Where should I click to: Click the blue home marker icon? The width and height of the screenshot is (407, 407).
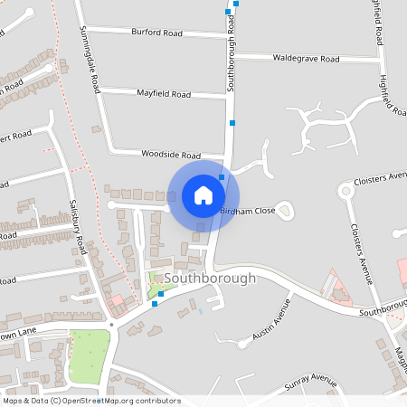point(203,194)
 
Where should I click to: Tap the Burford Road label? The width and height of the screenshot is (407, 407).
point(156,33)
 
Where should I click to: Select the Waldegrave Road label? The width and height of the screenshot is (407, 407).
point(306,58)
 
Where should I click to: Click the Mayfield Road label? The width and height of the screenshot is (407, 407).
point(163,94)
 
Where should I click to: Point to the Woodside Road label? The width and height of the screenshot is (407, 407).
point(170,155)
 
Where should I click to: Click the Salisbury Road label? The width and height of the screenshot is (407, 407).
point(79,225)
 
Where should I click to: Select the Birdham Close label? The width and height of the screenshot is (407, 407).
point(248,210)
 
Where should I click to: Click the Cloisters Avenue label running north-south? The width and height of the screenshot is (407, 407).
point(362,254)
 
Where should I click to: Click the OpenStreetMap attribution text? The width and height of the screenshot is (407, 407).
point(90,401)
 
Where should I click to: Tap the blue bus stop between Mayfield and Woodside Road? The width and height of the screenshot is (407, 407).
point(232,122)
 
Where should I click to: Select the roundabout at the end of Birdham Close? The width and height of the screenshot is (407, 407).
point(286,213)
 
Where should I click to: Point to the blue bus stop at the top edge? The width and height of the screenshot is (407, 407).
point(236,4)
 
